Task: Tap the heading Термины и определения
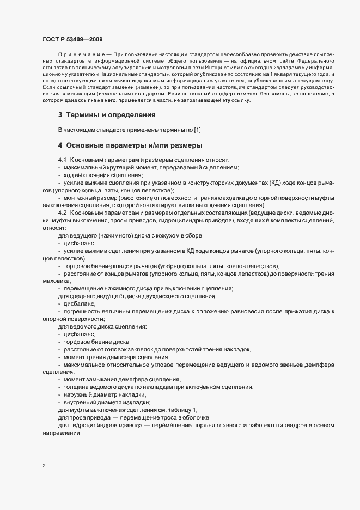111,115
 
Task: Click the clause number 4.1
62,160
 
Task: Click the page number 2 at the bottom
44,466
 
